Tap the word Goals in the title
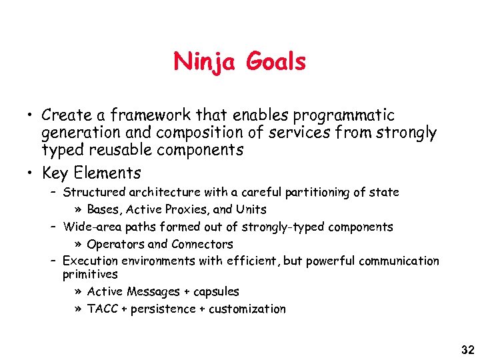[x=275, y=62]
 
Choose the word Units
[x=251, y=209]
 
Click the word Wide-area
[x=89, y=227]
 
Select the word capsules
[x=215, y=291]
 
